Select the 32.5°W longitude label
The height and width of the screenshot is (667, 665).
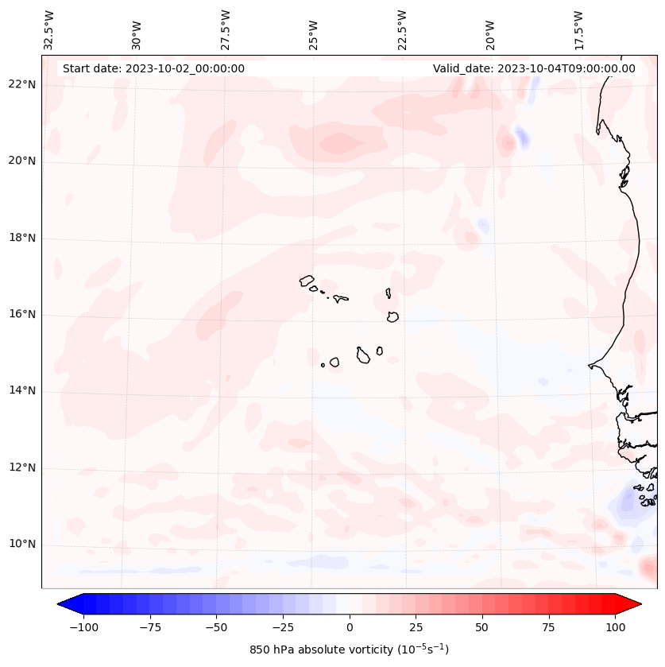[49, 29]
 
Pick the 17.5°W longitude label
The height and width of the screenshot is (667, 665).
[578, 29]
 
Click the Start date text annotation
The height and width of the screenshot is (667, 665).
[153, 68]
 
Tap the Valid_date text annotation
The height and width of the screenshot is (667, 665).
[534, 68]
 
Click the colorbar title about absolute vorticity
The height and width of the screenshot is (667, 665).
[349, 650]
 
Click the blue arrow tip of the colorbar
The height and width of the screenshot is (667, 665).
[64, 604]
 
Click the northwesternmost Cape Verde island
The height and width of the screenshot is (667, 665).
[307, 281]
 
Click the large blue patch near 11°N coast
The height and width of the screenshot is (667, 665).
[632, 502]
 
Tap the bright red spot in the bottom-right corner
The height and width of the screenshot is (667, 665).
[649, 568]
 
